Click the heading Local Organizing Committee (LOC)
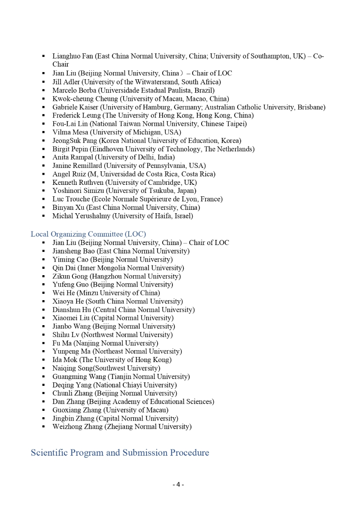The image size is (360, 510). tap(88, 234)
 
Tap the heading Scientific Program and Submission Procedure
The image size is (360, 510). tap(120, 453)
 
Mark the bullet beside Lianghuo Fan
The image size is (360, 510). tap(44, 56)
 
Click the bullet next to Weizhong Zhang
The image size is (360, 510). tap(44, 427)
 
